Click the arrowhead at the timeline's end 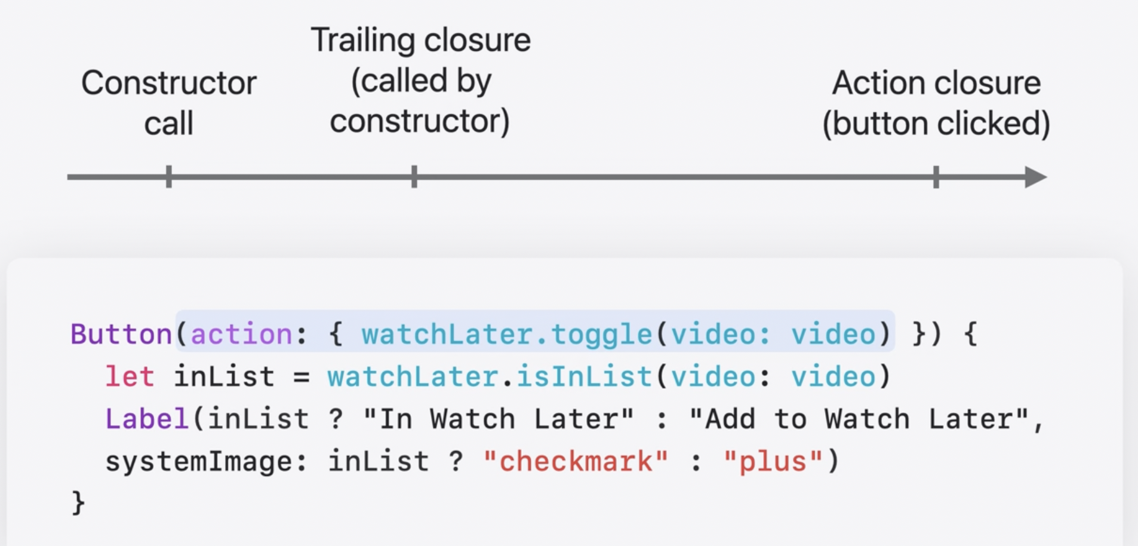[x=1035, y=177]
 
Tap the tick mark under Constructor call [x=169, y=177]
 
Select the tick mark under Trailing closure [x=414, y=177]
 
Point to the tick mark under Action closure [x=936, y=177]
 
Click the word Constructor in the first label [x=169, y=83]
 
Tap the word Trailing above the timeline [x=362, y=41]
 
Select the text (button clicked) [x=936, y=124]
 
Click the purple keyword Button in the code [x=121, y=334]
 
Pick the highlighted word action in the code [x=241, y=334]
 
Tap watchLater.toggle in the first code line [x=506, y=334]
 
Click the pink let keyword [x=130, y=377]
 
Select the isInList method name [x=584, y=377]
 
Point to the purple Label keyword [x=147, y=419]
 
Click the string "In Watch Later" [x=499, y=419]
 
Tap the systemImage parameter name [x=199, y=462]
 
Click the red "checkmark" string [x=576, y=462]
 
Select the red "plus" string [x=773, y=462]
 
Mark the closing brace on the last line [x=78, y=502]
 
